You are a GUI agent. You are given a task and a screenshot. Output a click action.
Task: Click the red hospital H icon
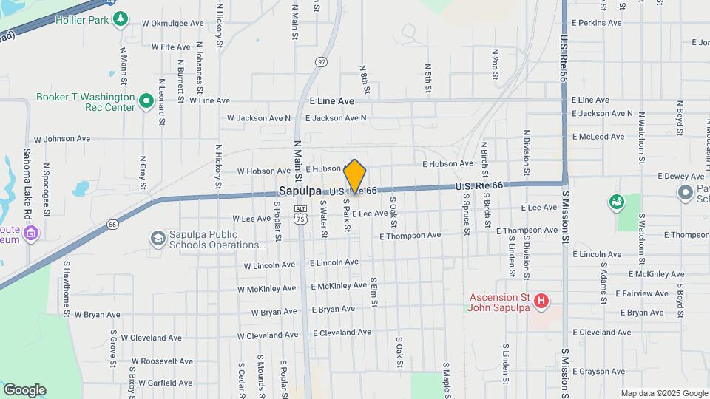pyautogui.click(x=542, y=301)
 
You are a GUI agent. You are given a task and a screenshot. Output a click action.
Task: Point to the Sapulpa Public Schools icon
pyautogui.click(x=158, y=239)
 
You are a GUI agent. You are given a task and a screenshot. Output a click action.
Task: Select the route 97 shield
pyautogui.click(x=321, y=62)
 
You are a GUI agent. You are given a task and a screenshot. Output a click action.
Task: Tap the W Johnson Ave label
pyautogui.click(x=62, y=138)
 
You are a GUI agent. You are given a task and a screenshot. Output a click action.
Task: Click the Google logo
pyautogui.click(x=24, y=389)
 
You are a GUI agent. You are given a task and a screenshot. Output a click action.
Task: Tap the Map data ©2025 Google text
pyautogui.click(x=663, y=393)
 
